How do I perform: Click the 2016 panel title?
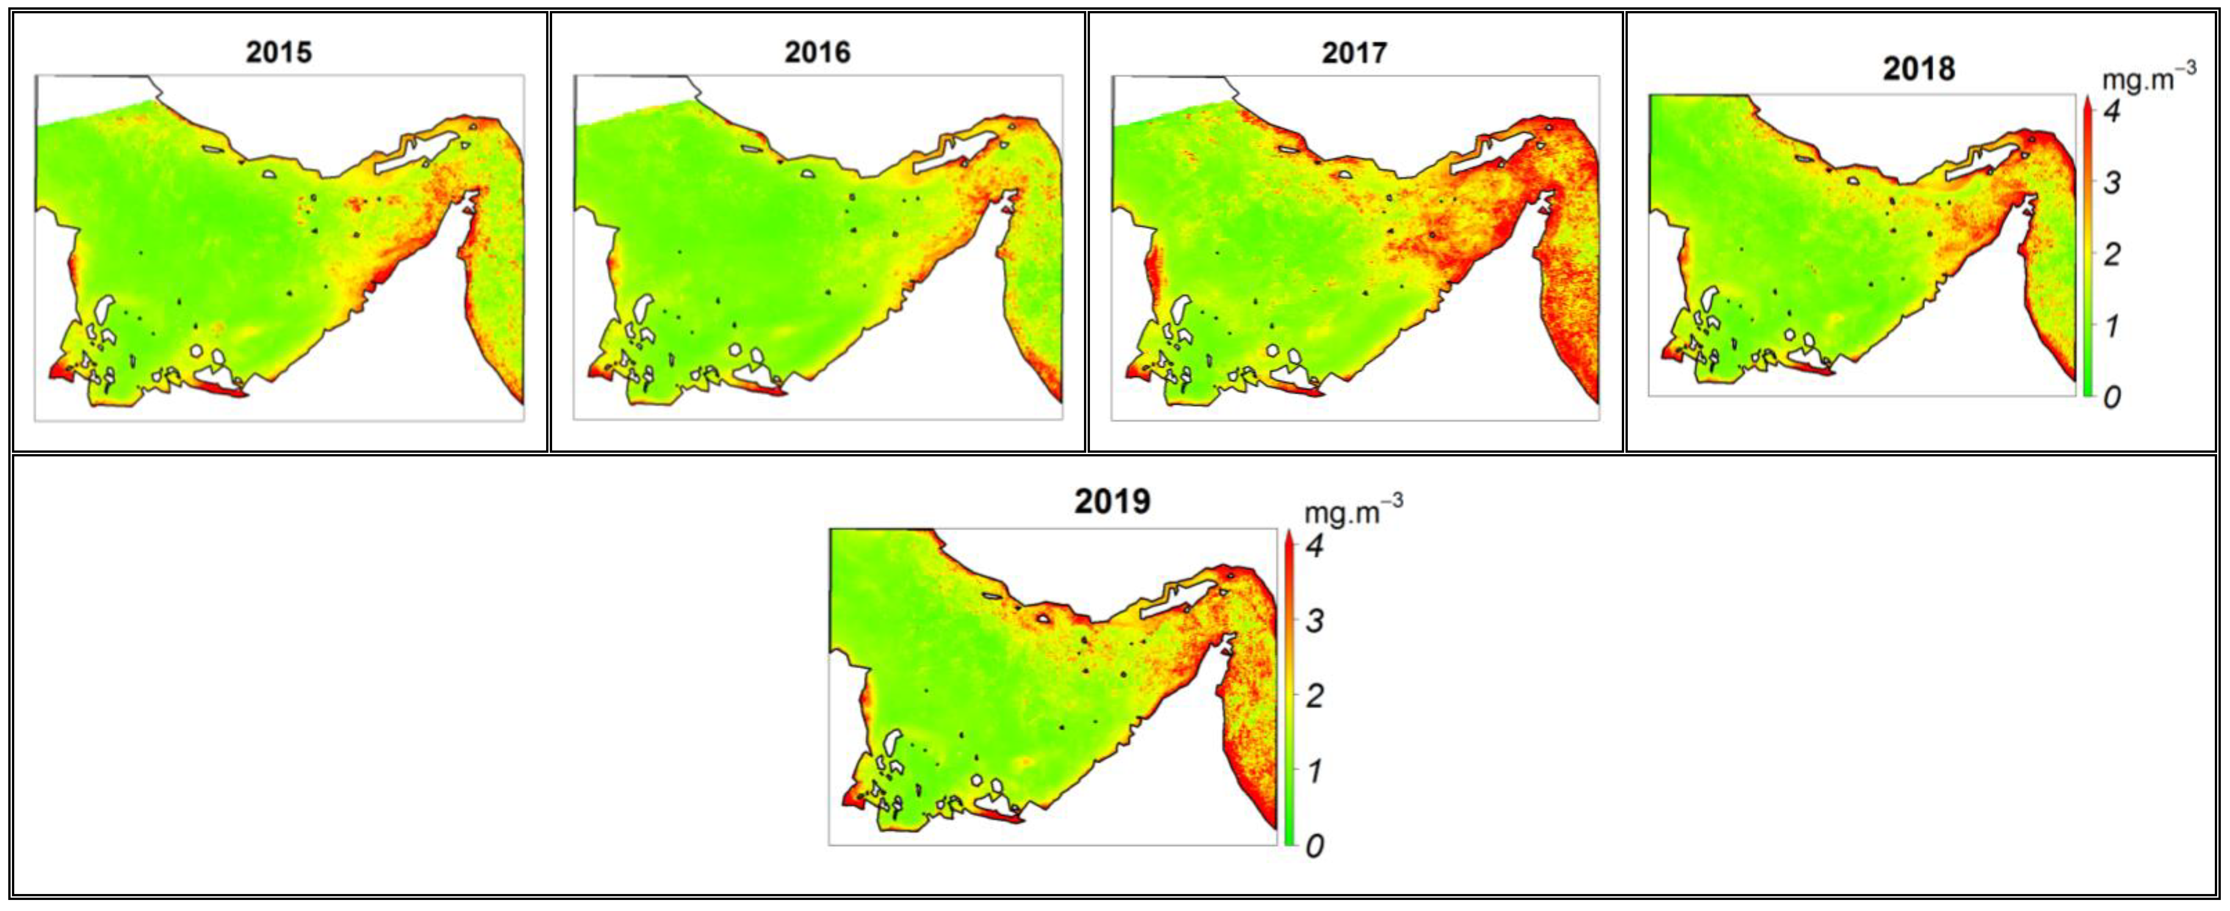817,52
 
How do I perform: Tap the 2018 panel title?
1918,68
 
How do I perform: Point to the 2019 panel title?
1112,501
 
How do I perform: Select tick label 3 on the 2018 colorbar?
2112,183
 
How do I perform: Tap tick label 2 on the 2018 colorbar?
2112,255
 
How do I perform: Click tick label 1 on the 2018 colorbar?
2112,326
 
